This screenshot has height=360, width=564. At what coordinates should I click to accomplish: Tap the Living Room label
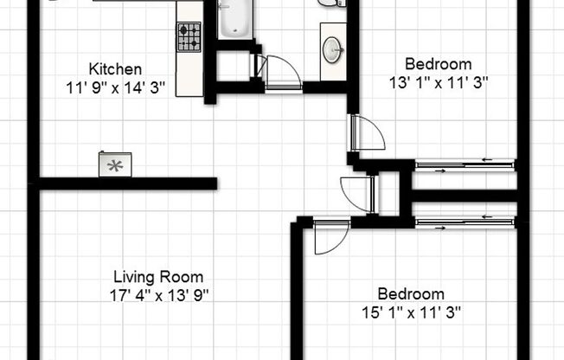click(x=159, y=278)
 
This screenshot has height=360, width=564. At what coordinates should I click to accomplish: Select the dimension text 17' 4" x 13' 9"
click(x=159, y=295)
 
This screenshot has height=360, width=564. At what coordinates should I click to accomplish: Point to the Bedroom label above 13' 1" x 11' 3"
click(x=439, y=64)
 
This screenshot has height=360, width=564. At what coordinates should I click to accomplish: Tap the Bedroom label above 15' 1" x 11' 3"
click(x=411, y=294)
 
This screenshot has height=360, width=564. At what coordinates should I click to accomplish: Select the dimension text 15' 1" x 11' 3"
click(x=411, y=312)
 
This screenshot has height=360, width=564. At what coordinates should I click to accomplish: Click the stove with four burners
click(x=189, y=36)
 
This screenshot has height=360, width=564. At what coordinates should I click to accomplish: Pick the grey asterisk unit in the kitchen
click(x=112, y=164)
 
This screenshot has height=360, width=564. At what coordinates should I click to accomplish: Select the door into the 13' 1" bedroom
click(x=368, y=132)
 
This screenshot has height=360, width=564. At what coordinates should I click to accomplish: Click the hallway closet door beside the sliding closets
click(x=356, y=191)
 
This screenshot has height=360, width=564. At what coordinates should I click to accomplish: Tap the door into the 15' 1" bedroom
click(x=330, y=235)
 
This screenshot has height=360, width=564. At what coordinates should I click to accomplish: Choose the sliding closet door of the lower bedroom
click(x=465, y=223)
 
